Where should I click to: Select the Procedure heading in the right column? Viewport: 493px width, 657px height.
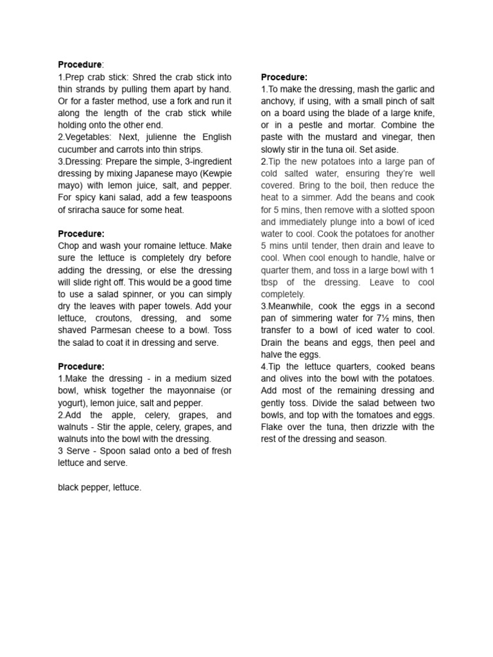284,77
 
